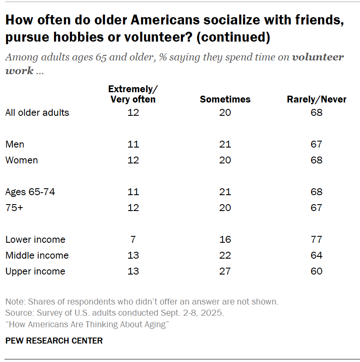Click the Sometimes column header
point(225,100)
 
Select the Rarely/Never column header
point(316,100)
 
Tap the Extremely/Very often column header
point(133,94)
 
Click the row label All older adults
point(37,113)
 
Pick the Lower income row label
point(35,239)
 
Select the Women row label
point(21,160)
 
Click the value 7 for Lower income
point(133,239)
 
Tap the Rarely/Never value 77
point(317,239)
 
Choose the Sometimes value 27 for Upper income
point(225,271)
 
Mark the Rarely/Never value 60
point(317,271)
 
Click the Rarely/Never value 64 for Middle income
point(317,255)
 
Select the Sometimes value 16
point(225,239)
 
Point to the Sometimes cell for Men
point(225,145)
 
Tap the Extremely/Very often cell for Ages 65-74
point(133,192)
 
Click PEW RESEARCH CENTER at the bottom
point(54,341)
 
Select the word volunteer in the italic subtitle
point(318,57)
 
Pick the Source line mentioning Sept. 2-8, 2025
point(114,313)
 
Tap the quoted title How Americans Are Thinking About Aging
point(87,324)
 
